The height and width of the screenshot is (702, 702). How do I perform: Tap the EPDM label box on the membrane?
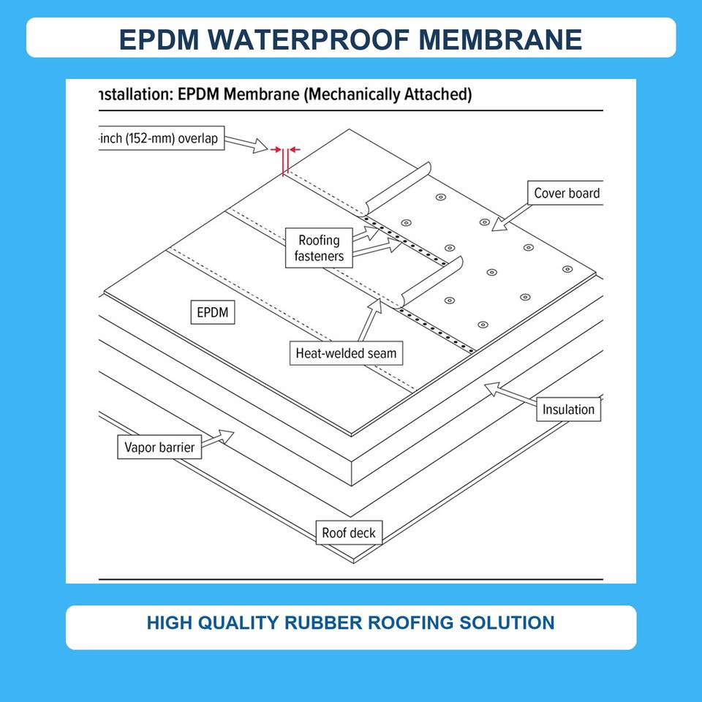coord(213,312)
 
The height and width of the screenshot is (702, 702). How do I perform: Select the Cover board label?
coord(566,193)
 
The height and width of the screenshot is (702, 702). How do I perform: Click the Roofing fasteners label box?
coord(319,248)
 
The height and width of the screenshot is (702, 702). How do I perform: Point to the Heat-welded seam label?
coord(346,353)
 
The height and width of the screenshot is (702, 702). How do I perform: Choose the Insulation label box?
coord(569,409)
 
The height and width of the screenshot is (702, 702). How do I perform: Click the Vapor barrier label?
coord(159,447)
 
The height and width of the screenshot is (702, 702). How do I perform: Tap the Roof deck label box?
coord(349,533)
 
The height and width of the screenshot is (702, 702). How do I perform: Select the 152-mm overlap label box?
coord(161,138)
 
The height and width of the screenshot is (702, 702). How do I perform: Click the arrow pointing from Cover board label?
coord(511,218)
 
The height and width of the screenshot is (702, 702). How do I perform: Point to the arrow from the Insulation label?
coord(510,393)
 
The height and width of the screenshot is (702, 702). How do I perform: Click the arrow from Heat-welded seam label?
coord(370,320)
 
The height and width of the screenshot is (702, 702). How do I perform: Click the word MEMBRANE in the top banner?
coord(500,39)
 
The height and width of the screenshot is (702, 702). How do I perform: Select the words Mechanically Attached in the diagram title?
coord(388,94)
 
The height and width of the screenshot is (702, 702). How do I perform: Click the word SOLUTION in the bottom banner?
coord(507,623)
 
